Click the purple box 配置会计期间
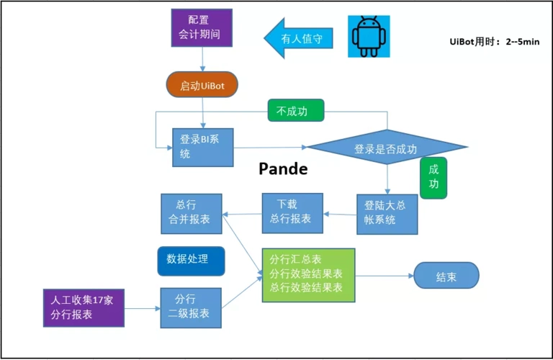click(x=201, y=27)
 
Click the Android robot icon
click(x=373, y=36)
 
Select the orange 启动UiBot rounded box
click(x=202, y=86)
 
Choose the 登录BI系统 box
click(x=203, y=147)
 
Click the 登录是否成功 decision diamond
click(x=386, y=148)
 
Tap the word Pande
click(x=283, y=169)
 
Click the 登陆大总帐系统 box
click(x=387, y=213)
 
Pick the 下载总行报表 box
click(x=292, y=213)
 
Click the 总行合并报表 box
click(x=191, y=213)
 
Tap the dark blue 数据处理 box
click(x=191, y=260)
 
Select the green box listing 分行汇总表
click(x=308, y=274)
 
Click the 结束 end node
click(x=446, y=276)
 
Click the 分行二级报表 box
click(x=191, y=307)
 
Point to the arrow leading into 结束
click(x=385, y=276)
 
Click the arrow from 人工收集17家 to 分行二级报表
click(x=143, y=308)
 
